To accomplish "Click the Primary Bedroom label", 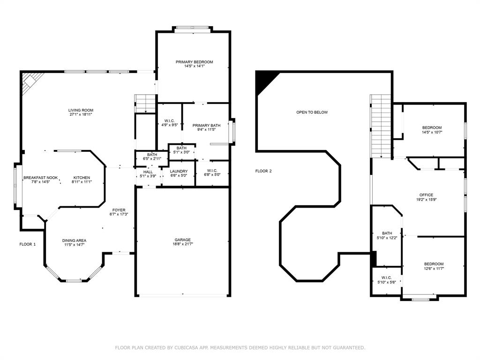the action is (x=195, y=62).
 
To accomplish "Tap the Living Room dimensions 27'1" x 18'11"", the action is (x=81, y=114).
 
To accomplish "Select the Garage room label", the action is (x=183, y=240).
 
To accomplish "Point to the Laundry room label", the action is (x=179, y=171).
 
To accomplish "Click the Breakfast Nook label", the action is (x=41, y=178).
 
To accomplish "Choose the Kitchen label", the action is (x=82, y=178).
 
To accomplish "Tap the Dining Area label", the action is (x=74, y=240).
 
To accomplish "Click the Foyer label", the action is (x=119, y=210).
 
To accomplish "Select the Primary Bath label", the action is (x=206, y=125).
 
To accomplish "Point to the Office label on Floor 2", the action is (x=427, y=195).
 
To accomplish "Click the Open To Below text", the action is (x=312, y=112).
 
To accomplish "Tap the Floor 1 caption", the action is (x=28, y=244).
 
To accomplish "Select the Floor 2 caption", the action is (x=263, y=171).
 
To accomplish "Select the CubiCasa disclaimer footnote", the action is (x=240, y=347).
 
